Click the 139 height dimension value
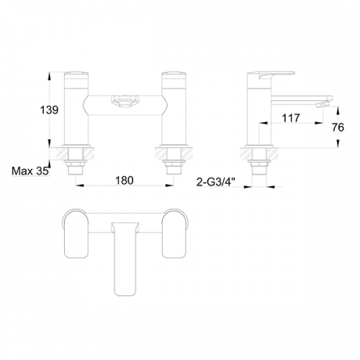[x=49, y=110]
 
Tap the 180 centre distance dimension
[x=125, y=180]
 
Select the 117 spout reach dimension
[x=291, y=118]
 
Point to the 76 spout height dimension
[x=338, y=127]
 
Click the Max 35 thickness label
[x=30, y=171]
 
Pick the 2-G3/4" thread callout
[x=216, y=182]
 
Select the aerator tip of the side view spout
[x=323, y=105]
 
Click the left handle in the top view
[x=76, y=233]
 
